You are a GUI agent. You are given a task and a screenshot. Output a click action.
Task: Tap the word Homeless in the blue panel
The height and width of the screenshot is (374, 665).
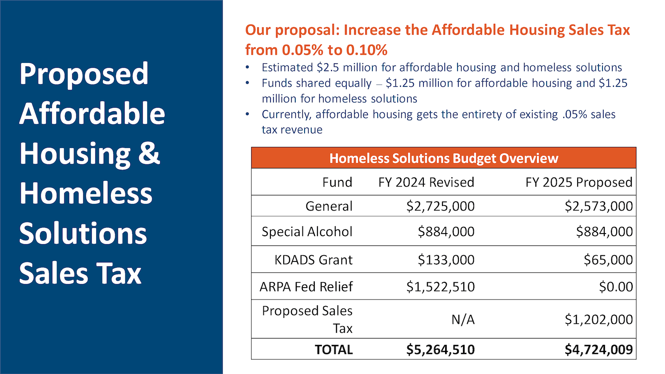[86, 193]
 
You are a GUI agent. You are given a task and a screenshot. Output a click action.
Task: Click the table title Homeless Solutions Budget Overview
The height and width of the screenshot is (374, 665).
[444, 158]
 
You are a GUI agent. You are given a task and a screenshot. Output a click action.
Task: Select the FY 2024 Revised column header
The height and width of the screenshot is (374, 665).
[426, 182]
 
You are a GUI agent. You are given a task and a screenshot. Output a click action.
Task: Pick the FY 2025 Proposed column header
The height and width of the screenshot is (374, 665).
[579, 182]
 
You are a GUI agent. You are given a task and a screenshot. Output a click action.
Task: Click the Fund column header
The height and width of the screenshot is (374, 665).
[337, 182]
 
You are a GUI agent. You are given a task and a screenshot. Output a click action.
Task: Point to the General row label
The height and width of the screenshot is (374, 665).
[329, 206]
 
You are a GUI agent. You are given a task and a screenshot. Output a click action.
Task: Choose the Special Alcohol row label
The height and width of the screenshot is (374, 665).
[307, 232]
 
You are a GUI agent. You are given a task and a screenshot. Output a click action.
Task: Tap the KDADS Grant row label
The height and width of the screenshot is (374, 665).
[313, 260]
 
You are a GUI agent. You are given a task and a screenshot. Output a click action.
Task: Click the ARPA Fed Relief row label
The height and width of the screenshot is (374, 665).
[306, 287]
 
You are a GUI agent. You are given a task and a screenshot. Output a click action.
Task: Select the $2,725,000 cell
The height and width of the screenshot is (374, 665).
[441, 206]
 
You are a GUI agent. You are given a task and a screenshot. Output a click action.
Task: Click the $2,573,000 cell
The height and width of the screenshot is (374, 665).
[599, 206]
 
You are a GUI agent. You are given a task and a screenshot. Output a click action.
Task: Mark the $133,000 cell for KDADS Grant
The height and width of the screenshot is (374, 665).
[446, 260]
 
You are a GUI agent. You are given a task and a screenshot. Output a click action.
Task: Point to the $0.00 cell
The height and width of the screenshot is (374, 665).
[616, 287]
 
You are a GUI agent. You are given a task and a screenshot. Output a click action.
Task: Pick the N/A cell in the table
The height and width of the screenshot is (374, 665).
[463, 319]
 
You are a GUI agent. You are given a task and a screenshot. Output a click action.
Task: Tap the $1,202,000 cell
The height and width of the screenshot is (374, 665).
[599, 319]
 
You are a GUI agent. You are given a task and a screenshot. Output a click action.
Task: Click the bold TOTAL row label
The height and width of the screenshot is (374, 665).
[334, 350]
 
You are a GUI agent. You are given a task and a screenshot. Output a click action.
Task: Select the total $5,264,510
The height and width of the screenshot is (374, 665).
[441, 350]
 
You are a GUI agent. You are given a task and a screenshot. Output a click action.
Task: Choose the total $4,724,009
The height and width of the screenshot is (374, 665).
[599, 350]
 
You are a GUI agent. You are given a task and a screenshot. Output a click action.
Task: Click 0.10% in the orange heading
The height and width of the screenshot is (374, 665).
[367, 50]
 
